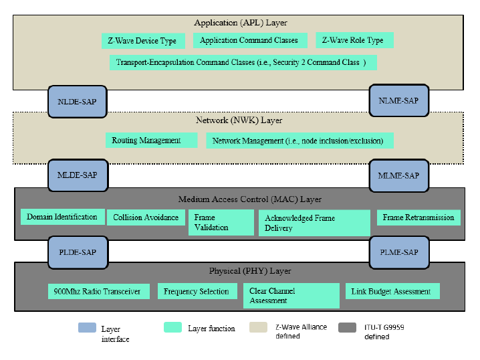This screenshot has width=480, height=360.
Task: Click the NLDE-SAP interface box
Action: (77, 101)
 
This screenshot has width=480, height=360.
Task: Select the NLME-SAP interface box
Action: (398, 100)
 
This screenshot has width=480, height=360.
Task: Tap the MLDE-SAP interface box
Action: (77, 175)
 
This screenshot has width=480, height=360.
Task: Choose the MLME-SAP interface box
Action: (398, 176)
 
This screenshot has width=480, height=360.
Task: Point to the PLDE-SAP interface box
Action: (77, 252)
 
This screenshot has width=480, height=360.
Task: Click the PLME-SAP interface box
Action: (398, 252)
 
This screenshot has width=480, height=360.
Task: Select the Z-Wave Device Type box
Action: (142, 41)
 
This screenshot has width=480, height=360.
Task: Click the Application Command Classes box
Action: (249, 40)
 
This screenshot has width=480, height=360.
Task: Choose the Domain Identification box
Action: (62, 217)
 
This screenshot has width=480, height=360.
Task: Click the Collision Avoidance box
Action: (146, 217)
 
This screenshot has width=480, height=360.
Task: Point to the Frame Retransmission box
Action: (418, 217)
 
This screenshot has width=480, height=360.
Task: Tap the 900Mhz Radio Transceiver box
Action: (98, 291)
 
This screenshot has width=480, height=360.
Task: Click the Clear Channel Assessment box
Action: (292, 296)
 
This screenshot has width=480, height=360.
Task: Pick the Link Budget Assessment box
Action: (392, 291)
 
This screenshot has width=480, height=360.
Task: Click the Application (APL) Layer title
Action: (241, 23)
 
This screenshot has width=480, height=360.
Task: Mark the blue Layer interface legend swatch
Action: (87, 328)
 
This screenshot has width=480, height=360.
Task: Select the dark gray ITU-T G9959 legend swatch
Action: (347, 328)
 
